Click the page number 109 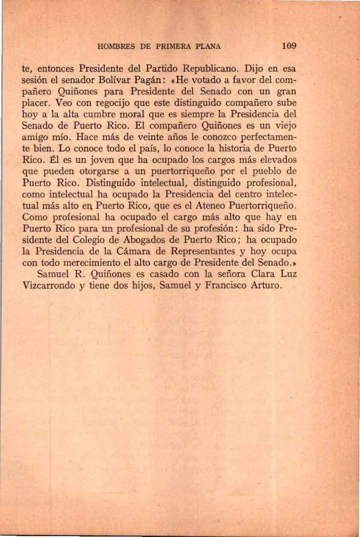(289, 46)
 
